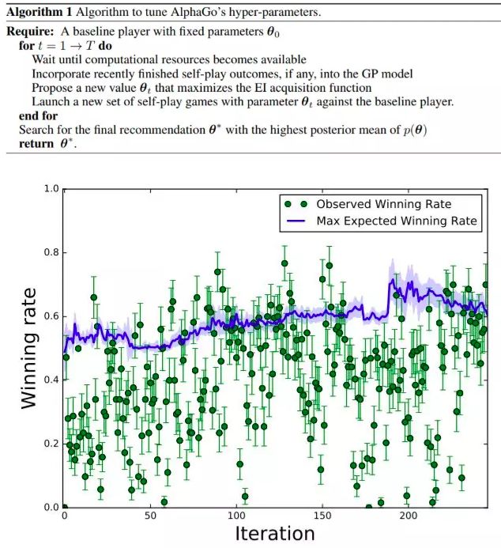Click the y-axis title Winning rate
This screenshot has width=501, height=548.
(29, 347)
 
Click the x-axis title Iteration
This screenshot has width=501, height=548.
(274, 533)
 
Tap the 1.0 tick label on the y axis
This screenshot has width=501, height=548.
(51, 190)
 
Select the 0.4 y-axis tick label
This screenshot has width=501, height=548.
(51, 380)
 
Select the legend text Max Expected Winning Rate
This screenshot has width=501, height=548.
(397, 221)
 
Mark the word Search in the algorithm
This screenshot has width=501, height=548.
(35, 130)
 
